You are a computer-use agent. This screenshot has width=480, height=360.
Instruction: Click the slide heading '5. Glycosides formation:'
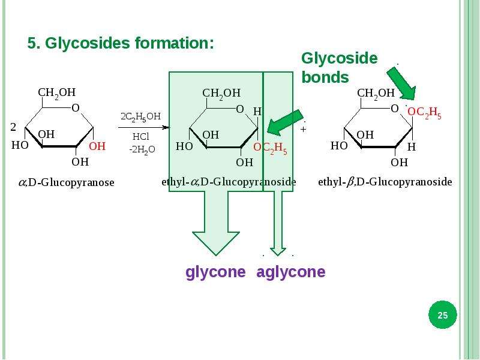pyautogui.click(x=121, y=43)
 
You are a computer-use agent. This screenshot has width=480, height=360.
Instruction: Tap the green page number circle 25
pyautogui.click(x=442, y=314)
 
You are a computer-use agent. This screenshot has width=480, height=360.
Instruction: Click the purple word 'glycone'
pyautogui.click(x=215, y=272)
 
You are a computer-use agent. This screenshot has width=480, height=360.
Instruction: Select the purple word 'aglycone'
pyautogui.click(x=291, y=272)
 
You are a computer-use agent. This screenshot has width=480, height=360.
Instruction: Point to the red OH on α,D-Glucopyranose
pyautogui.click(x=97, y=146)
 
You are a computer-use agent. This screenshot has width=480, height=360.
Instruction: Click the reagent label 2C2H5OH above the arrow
pyautogui.click(x=140, y=116)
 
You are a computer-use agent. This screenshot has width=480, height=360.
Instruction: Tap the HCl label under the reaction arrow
pyautogui.click(x=141, y=136)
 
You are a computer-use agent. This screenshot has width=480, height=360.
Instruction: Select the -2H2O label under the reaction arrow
pyautogui.click(x=142, y=149)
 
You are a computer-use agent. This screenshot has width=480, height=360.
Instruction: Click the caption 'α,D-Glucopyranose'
pyautogui.click(x=67, y=182)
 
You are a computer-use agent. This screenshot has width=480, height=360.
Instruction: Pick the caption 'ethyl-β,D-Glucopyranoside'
pyautogui.click(x=385, y=182)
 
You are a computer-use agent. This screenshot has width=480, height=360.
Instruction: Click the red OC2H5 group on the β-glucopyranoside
pyautogui.click(x=424, y=113)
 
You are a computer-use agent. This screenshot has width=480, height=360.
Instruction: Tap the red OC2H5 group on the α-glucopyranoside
pyautogui.click(x=271, y=148)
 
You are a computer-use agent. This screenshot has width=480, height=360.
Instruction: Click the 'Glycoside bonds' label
pyautogui.click(x=340, y=68)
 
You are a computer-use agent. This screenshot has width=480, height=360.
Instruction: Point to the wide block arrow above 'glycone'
pyautogui.click(x=216, y=223)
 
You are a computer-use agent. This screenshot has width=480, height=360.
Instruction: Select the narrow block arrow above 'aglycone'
pyautogui.click(x=278, y=223)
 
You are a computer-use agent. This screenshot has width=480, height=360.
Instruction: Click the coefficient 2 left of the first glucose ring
pyautogui.click(x=13, y=127)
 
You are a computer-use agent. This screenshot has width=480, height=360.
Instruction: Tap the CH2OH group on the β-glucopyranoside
pyautogui.click(x=376, y=94)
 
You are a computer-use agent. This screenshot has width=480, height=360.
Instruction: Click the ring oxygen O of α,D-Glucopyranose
pyautogui.click(x=76, y=108)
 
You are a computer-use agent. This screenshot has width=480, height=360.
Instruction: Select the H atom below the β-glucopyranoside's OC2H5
pyautogui.click(x=412, y=147)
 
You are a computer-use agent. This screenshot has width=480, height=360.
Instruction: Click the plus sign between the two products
pyautogui.click(x=303, y=129)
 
